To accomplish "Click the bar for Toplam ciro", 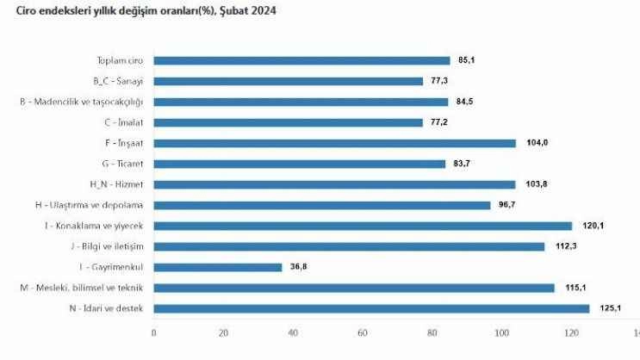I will [301, 60].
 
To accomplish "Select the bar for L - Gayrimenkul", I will [218, 267].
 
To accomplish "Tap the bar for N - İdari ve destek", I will [371, 308].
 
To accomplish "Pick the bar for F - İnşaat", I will [334, 143].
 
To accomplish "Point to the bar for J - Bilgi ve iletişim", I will [349, 246].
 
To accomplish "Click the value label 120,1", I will [588, 226].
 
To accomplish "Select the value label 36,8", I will [297, 267].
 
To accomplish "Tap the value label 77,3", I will [439, 81].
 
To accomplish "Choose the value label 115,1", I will [571, 288].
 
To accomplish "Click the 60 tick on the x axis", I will [363, 332].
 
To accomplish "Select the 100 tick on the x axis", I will [501, 332].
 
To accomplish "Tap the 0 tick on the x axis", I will [153, 332].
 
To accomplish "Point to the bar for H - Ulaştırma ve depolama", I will [321, 205].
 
